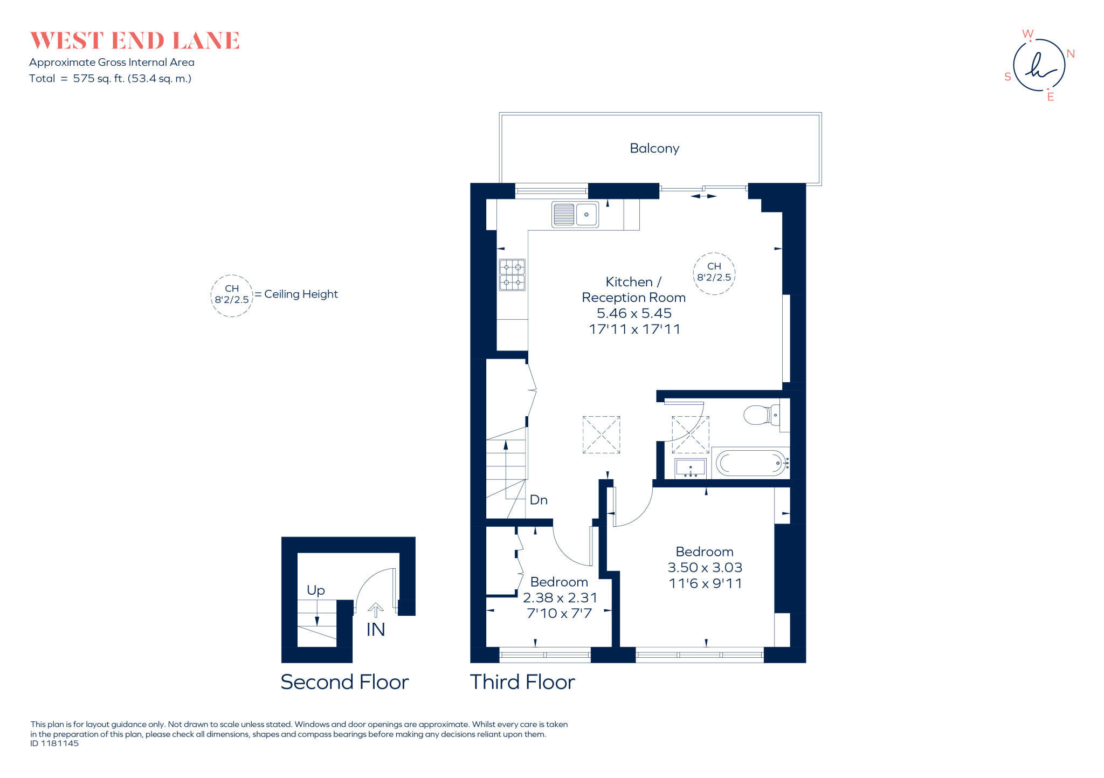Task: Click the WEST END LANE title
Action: [135, 41]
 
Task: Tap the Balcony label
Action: [654, 148]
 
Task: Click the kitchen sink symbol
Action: [575, 215]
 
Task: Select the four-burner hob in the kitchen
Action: [512, 275]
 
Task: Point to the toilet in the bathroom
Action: [761, 415]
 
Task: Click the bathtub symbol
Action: [750, 463]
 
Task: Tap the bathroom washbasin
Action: [690, 467]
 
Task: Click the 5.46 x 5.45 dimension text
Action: [634, 313]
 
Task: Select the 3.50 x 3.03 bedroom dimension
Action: [705, 567]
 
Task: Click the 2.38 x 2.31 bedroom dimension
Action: [560, 597]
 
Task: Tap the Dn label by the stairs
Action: [539, 500]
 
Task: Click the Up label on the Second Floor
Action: [316, 590]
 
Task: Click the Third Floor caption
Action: [522, 682]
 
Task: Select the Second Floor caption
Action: [344, 682]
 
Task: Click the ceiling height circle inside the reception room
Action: [714, 273]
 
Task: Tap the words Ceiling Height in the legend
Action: [301, 294]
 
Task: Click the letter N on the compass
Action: [1071, 54]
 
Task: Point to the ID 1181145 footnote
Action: [54, 743]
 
